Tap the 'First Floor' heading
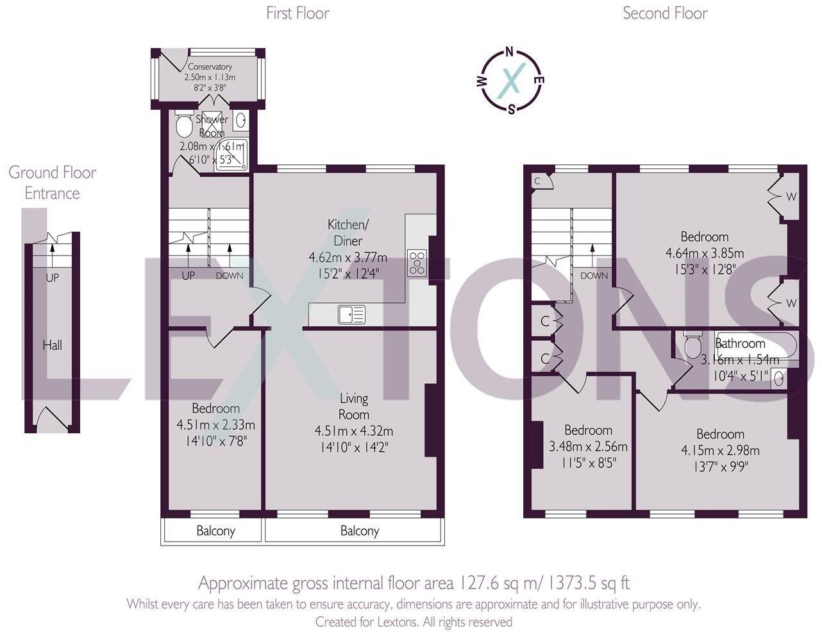point(298,13)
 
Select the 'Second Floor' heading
point(665,13)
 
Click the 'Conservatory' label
point(210,67)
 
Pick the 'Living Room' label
point(353,406)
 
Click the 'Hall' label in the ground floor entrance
point(52,345)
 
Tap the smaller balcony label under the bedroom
point(215,531)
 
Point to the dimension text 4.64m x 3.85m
point(705,253)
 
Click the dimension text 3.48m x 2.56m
point(588,447)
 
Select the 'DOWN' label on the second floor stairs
point(594,276)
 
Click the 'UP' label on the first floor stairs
point(188,276)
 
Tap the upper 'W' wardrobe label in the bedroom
point(791,196)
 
